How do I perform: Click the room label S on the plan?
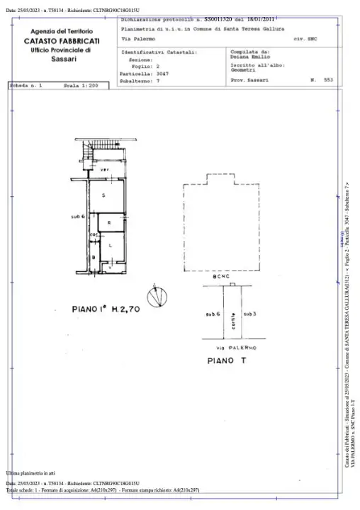103,195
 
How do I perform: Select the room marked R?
108,222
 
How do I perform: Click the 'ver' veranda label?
104,170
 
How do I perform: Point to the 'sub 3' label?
249,313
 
